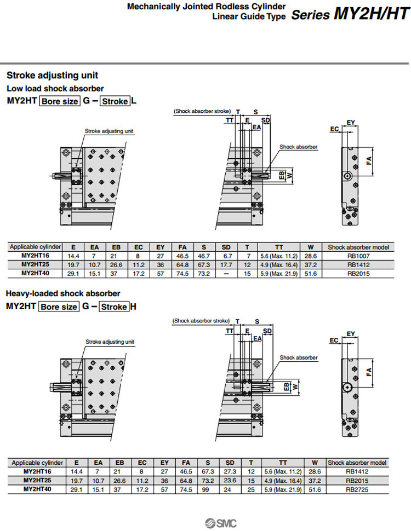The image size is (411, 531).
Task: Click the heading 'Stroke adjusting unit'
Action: click(x=52, y=76)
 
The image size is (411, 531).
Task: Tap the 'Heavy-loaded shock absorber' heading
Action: click(x=62, y=294)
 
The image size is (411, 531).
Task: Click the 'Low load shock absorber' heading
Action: click(x=55, y=88)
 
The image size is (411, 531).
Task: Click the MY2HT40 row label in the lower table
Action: click(x=37, y=489)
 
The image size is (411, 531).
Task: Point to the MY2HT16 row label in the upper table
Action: click(x=36, y=256)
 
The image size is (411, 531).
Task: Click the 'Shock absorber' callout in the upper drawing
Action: click(x=298, y=147)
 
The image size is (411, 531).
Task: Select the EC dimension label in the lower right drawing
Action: click(x=334, y=340)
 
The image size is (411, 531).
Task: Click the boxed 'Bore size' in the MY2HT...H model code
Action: click(x=59, y=307)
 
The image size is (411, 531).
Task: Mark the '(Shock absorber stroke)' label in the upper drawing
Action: click(x=202, y=111)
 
